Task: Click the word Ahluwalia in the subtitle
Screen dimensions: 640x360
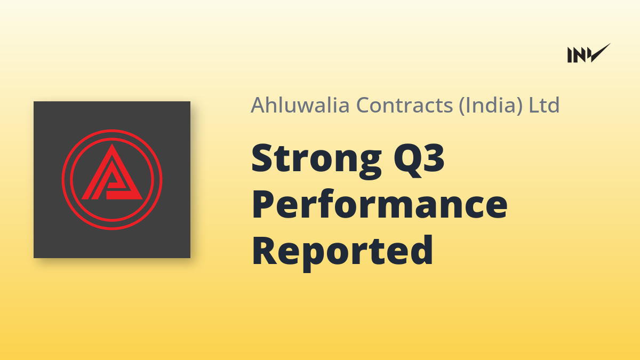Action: click(x=300, y=105)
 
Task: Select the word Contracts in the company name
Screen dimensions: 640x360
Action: click(x=405, y=105)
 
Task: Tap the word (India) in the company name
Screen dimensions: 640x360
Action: click(x=491, y=106)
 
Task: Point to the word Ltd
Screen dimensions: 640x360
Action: click(x=544, y=105)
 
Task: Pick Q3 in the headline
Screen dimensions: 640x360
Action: click(x=419, y=160)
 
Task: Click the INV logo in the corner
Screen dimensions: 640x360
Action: click(x=589, y=53)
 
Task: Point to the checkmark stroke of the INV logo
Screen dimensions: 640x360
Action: click(x=599, y=53)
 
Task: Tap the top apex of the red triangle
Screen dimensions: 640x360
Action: click(x=111, y=143)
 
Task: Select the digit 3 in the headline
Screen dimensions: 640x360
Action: click(x=434, y=158)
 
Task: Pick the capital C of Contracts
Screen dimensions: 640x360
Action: click(x=363, y=106)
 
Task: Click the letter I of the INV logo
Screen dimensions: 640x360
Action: click(x=570, y=55)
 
